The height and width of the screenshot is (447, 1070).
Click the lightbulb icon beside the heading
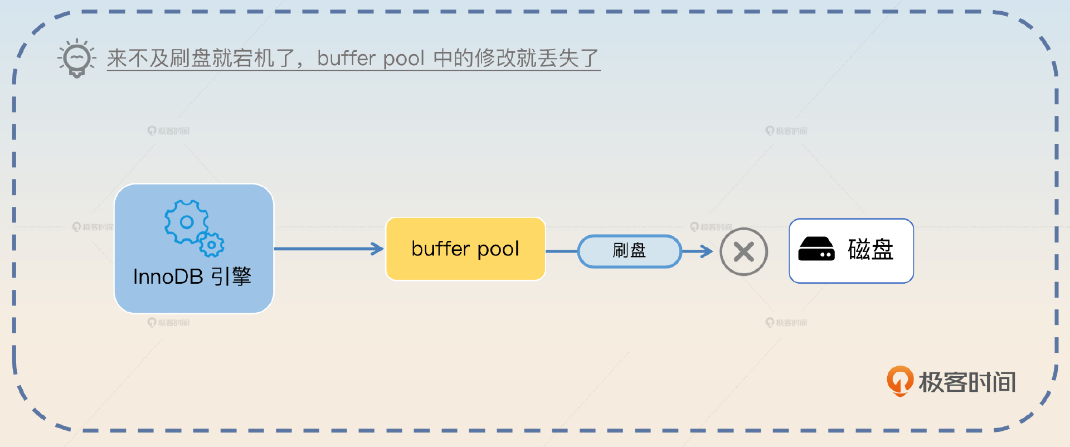coord(77,58)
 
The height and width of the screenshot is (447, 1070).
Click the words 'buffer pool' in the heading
coord(371,58)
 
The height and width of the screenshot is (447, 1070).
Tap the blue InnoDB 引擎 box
coord(193,249)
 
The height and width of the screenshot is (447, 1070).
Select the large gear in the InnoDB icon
coord(186,222)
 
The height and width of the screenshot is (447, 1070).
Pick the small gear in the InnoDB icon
coord(211,245)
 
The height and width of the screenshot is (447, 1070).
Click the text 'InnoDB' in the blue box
coord(168,277)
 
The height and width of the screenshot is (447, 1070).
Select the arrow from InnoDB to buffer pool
coord(329,249)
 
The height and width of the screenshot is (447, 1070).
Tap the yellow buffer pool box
coord(465,249)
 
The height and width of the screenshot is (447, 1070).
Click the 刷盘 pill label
coord(630,251)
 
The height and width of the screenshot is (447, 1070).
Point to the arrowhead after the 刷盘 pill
coord(707,251)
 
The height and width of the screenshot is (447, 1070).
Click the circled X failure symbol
coord(743,252)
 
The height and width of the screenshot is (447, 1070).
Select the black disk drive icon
coord(816,249)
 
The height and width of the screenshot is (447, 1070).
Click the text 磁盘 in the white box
coord(870,249)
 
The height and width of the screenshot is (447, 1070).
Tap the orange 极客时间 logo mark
coord(899,381)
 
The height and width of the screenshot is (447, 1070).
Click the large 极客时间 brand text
coord(967,382)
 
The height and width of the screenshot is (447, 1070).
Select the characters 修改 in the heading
coord(485,58)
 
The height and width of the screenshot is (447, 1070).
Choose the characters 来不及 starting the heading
coord(138,58)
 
